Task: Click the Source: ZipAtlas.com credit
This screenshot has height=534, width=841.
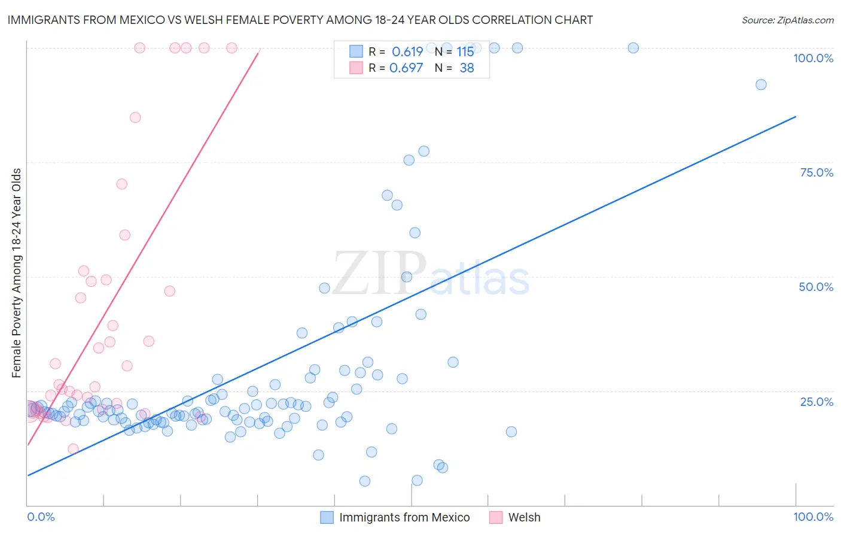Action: click(787, 20)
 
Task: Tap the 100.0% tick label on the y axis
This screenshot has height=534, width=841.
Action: click(813, 58)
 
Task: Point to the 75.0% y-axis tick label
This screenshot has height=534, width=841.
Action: click(816, 172)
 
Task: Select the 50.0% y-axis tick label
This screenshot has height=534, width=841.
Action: click(816, 287)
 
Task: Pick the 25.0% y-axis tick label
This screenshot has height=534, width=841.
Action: click(816, 401)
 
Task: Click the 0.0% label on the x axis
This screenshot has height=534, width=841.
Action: click(41, 517)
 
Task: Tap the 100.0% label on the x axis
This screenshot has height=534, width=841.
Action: click(813, 517)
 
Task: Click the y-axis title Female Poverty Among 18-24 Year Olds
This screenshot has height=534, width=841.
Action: click(17, 273)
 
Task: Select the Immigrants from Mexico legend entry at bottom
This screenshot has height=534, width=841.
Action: click(404, 517)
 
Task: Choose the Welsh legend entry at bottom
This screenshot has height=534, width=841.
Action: click(524, 517)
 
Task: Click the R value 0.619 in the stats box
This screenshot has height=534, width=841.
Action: click(407, 51)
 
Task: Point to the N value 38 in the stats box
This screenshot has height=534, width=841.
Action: click(467, 68)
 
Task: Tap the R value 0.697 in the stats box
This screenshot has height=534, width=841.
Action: click(406, 68)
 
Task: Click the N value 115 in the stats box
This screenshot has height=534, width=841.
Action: click(465, 51)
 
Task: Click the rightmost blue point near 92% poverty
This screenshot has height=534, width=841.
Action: click(761, 84)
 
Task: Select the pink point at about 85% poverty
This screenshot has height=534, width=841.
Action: click(135, 117)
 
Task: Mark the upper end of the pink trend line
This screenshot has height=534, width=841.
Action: click(258, 53)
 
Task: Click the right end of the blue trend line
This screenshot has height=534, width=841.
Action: click(796, 116)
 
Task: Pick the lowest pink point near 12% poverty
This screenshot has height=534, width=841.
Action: click(73, 449)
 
